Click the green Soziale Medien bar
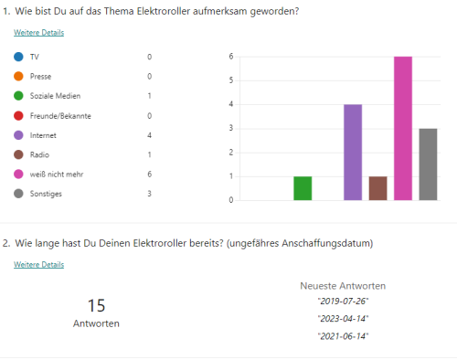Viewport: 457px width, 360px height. pos(303,188)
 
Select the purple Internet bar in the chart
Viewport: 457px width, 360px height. pos(353,153)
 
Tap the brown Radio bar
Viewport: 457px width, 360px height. pos(378,188)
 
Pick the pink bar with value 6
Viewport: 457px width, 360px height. pos(403,129)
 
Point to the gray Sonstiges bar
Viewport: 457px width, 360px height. pos(428,164)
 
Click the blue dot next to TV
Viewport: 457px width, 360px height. pos(18,57)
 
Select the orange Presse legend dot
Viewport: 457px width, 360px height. pos(18,77)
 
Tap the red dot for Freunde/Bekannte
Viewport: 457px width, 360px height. pos(18,116)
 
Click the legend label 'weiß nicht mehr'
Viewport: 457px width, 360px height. pos(56,175)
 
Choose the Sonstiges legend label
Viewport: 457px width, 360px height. pos(47,194)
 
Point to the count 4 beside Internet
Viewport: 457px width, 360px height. pos(149,135)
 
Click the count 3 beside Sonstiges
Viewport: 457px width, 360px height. pos(149,194)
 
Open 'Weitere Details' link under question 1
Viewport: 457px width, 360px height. pos(38,33)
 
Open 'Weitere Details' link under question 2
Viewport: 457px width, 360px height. pos(38,265)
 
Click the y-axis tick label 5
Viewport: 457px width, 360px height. pos(232,80)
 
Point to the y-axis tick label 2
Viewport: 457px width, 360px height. pos(232,152)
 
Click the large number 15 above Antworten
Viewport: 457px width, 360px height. pos(97,305)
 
